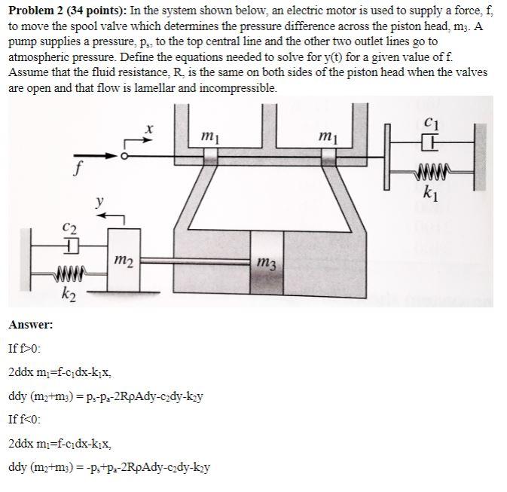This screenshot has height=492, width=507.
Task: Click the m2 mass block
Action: (x=124, y=260)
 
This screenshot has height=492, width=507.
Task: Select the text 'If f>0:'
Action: (x=25, y=349)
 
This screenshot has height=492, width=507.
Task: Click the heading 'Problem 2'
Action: (x=36, y=10)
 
